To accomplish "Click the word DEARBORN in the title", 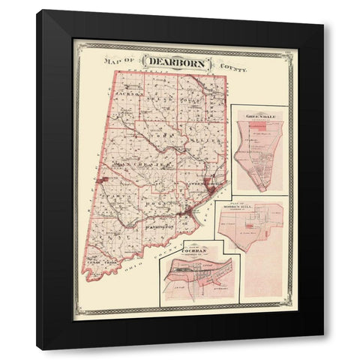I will pos(178,62).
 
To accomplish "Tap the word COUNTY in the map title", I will pos(232,67).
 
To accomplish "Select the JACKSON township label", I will pos(129,94).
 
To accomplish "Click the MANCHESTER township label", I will pos(139,162).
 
